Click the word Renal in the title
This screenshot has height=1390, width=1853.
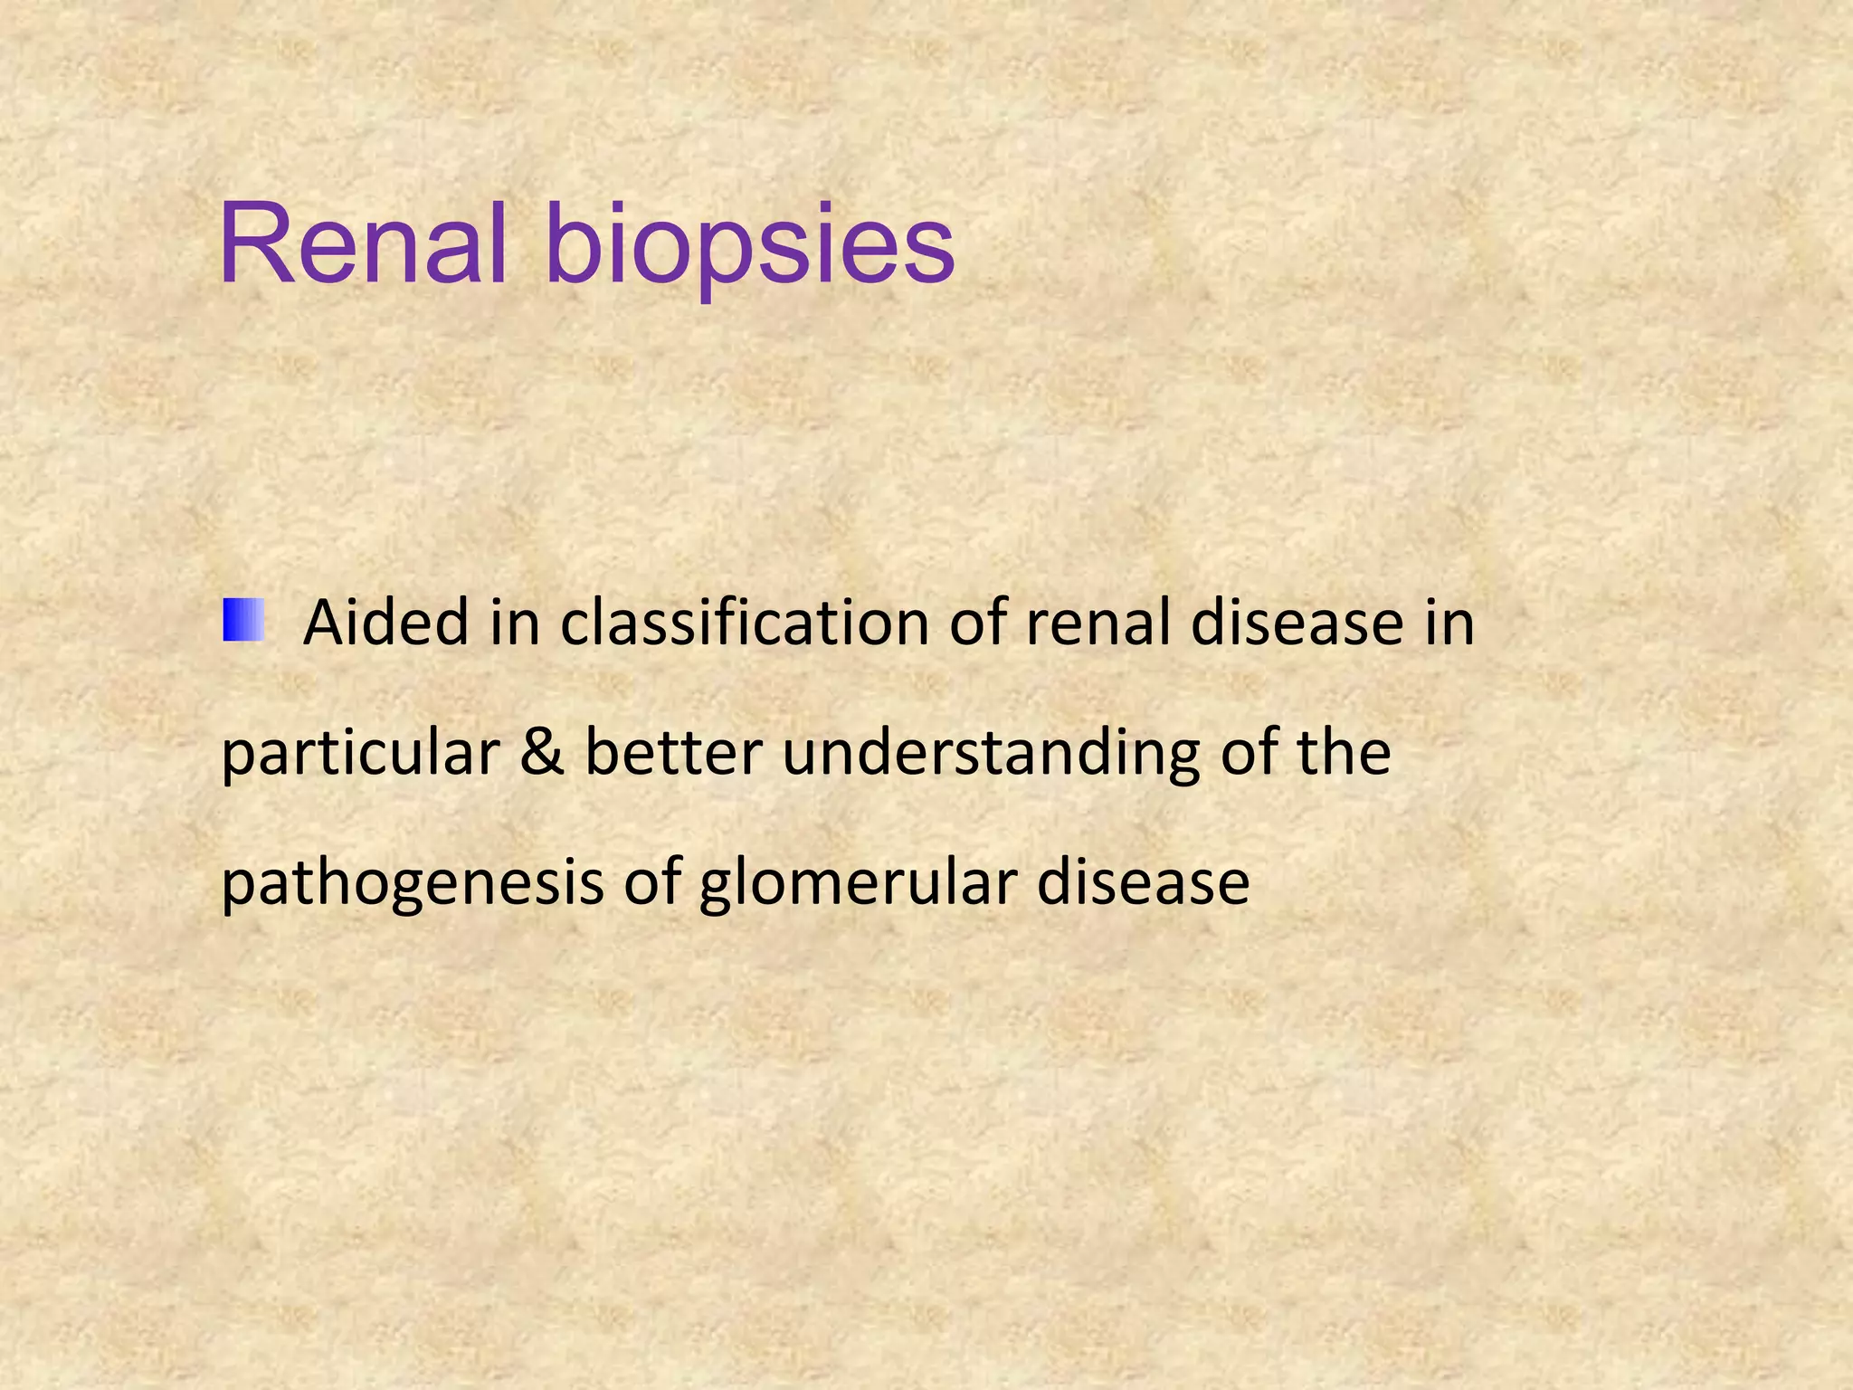click(x=361, y=245)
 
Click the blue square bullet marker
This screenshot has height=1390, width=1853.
click(x=242, y=620)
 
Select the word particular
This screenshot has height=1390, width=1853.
click(x=360, y=754)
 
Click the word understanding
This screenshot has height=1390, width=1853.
click(x=990, y=754)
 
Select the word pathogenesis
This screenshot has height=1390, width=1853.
click(x=412, y=884)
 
